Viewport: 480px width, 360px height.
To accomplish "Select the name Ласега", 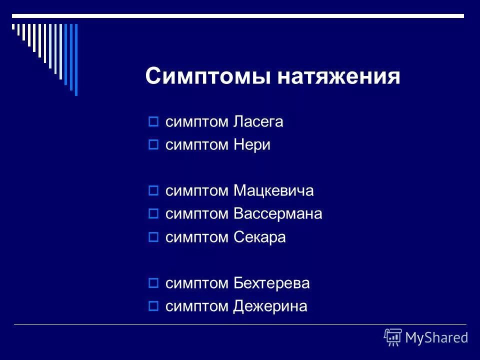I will coord(258,122).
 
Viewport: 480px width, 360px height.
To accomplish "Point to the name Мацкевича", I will coord(273,191).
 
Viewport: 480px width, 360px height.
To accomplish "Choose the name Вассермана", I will coord(277,214).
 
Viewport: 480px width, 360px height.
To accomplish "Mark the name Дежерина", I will coord(270,306).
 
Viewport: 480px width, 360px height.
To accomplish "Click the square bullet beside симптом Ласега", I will coord(154,122).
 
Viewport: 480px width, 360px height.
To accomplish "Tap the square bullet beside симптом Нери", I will coord(154,145).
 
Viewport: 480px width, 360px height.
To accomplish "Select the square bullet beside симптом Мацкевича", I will coord(154,191).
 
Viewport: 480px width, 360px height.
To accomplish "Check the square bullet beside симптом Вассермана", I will coord(154,214).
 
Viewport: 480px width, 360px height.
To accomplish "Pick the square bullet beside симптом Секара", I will coord(154,237).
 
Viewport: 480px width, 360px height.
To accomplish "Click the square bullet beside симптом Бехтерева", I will coord(154,283).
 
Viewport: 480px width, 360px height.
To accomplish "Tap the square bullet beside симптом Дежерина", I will coord(154,306).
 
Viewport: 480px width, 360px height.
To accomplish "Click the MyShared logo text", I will coord(436,337).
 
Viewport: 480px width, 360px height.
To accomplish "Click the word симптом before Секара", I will coord(197,237).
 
